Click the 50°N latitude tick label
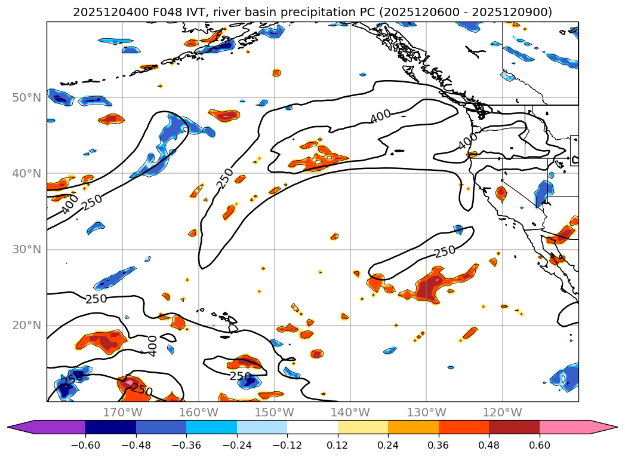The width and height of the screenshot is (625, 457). pos(26,97)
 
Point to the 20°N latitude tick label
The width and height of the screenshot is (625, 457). pos(26,326)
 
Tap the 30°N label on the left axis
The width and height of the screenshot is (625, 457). pos(26,250)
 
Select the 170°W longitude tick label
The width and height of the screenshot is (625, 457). pos(122,412)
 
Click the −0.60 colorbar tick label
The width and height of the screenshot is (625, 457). pos(85,444)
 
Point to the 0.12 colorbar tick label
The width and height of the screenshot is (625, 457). pos(338,444)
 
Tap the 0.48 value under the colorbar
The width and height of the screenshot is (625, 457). pos(489,444)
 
